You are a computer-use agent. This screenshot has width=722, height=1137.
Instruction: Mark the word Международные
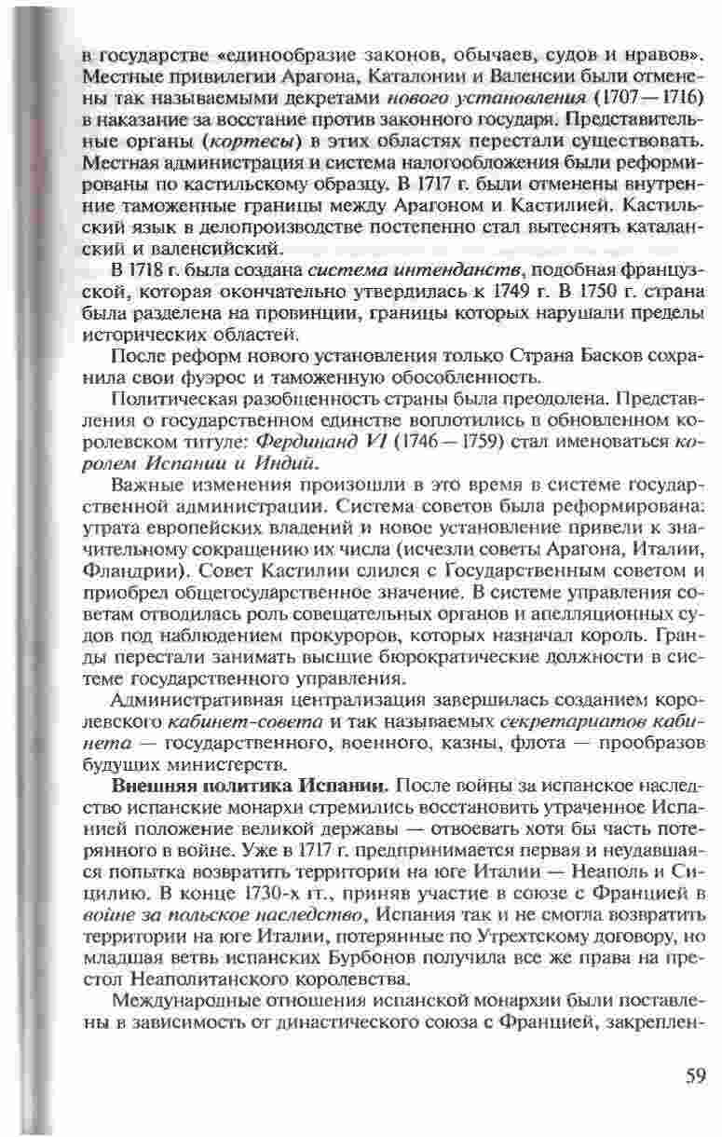(x=184, y=1001)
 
